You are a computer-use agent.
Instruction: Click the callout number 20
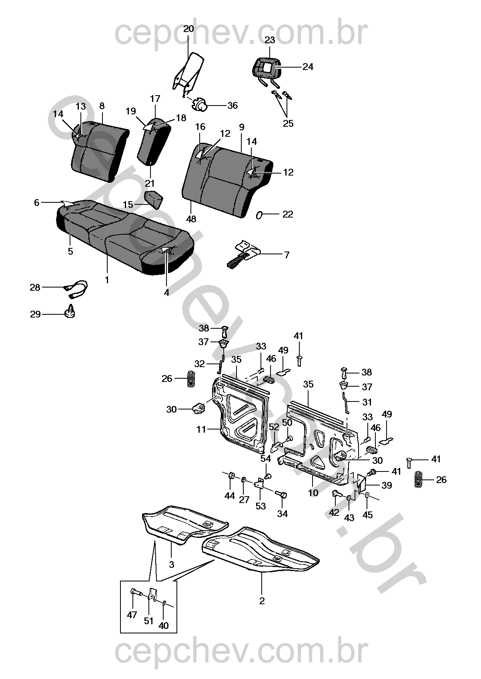pos(188,29)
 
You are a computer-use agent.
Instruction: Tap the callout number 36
pos(232,106)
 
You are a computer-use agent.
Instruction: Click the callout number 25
pos(288,124)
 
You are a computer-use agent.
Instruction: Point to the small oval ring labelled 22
pos(259,215)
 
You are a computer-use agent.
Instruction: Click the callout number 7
pos(287,255)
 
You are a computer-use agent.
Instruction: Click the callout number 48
pos(191,219)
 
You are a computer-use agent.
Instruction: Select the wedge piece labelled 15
pos(154,199)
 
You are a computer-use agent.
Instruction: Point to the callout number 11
pos(201,429)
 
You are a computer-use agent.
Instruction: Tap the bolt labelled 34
pos(282,495)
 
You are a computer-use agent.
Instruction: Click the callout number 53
pos(261,506)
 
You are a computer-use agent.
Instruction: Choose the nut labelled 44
pos(231,476)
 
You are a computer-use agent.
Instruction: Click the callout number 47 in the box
pos(132,615)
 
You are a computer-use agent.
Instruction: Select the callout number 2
pos(262,601)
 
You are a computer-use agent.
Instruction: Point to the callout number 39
pos(386,485)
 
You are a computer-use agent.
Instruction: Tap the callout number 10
pos(313,493)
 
